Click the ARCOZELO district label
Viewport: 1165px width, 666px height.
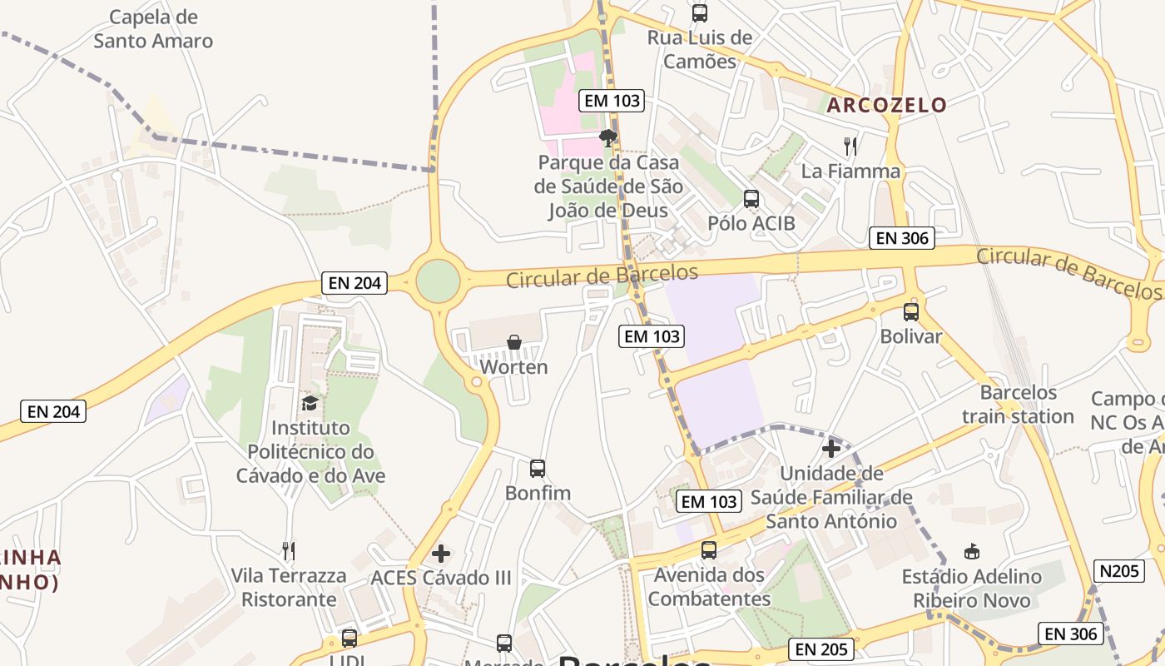(x=886, y=105)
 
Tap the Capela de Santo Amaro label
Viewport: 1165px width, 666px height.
(x=153, y=29)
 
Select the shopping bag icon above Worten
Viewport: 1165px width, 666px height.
(x=514, y=342)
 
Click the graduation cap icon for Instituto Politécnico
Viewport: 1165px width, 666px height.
(x=310, y=403)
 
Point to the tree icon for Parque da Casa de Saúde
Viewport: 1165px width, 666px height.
(x=608, y=137)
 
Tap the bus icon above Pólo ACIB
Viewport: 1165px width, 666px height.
(x=751, y=198)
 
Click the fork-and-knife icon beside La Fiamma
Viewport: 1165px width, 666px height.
(x=850, y=147)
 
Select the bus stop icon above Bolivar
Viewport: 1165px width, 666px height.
(x=911, y=312)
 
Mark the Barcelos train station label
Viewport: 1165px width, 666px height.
(x=1018, y=404)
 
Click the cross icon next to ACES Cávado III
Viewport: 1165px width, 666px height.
(x=441, y=553)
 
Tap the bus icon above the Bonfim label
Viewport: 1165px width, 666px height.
(x=538, y=468)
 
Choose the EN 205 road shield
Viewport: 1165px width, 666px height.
(x=821, y=649)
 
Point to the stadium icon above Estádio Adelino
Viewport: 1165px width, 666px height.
(x=971, y=551)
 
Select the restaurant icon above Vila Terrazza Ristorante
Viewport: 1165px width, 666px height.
(x=288, y=550)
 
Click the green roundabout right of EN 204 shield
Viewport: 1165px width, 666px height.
(x=438, y=281)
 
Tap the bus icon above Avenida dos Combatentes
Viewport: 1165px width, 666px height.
(x=709, y=549)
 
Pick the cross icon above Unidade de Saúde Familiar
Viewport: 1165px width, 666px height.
(x=830, y=450)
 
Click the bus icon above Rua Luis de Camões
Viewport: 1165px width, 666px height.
(x=700, y=12)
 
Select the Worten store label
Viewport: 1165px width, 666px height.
(x=514, y=367)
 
